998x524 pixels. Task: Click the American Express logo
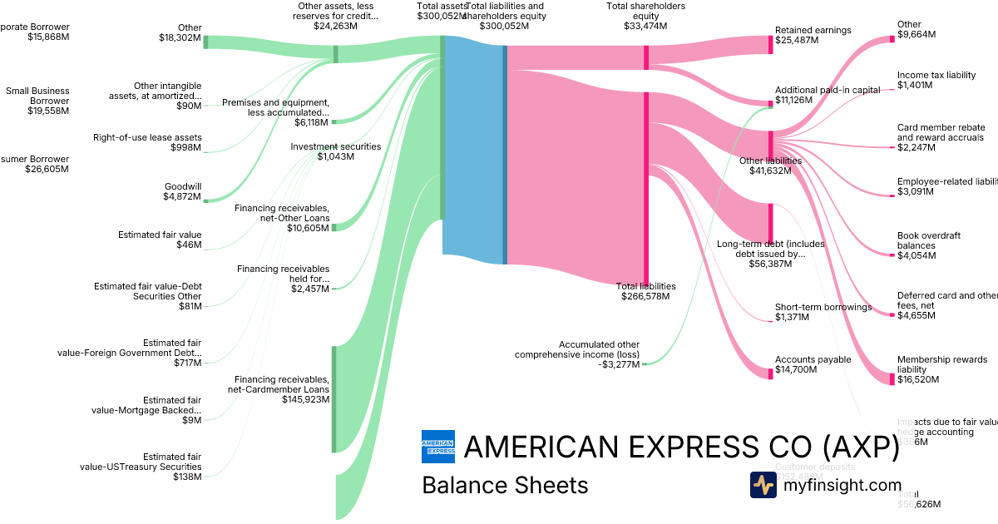pyautogui.click(x=438, y=447)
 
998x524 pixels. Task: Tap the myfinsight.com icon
pyautogui.click(x=763, y=485)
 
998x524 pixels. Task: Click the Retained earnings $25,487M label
pyautogui.click(x=813, y=36)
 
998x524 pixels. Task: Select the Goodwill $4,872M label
pyautogui.click(x=182, y=191)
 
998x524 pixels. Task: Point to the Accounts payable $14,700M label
pyautogui.click(x=813, y=365)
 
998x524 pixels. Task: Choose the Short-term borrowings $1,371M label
pyautogui.click(x=823, y=312)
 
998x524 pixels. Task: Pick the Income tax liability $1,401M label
pyautogui.click(x=936, y=80)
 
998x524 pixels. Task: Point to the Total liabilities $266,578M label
pyautogui.click(x=645, y=291)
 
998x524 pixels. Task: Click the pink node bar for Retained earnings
pyautogui.click(x=770, y=45)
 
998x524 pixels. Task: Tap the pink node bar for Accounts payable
pyautogui.click(x=770, y=373)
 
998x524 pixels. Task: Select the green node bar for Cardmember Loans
pyautogui.click(x=334, y=399)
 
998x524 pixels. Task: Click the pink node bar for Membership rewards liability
pyautogui.click(x=892, y=378)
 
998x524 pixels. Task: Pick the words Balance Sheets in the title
pyautogui.click(x=505, y=485)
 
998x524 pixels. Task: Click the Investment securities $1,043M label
pyautogui.click(x=335, y=151)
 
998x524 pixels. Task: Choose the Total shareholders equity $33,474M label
pyautogui.click(x=645, y=17)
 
